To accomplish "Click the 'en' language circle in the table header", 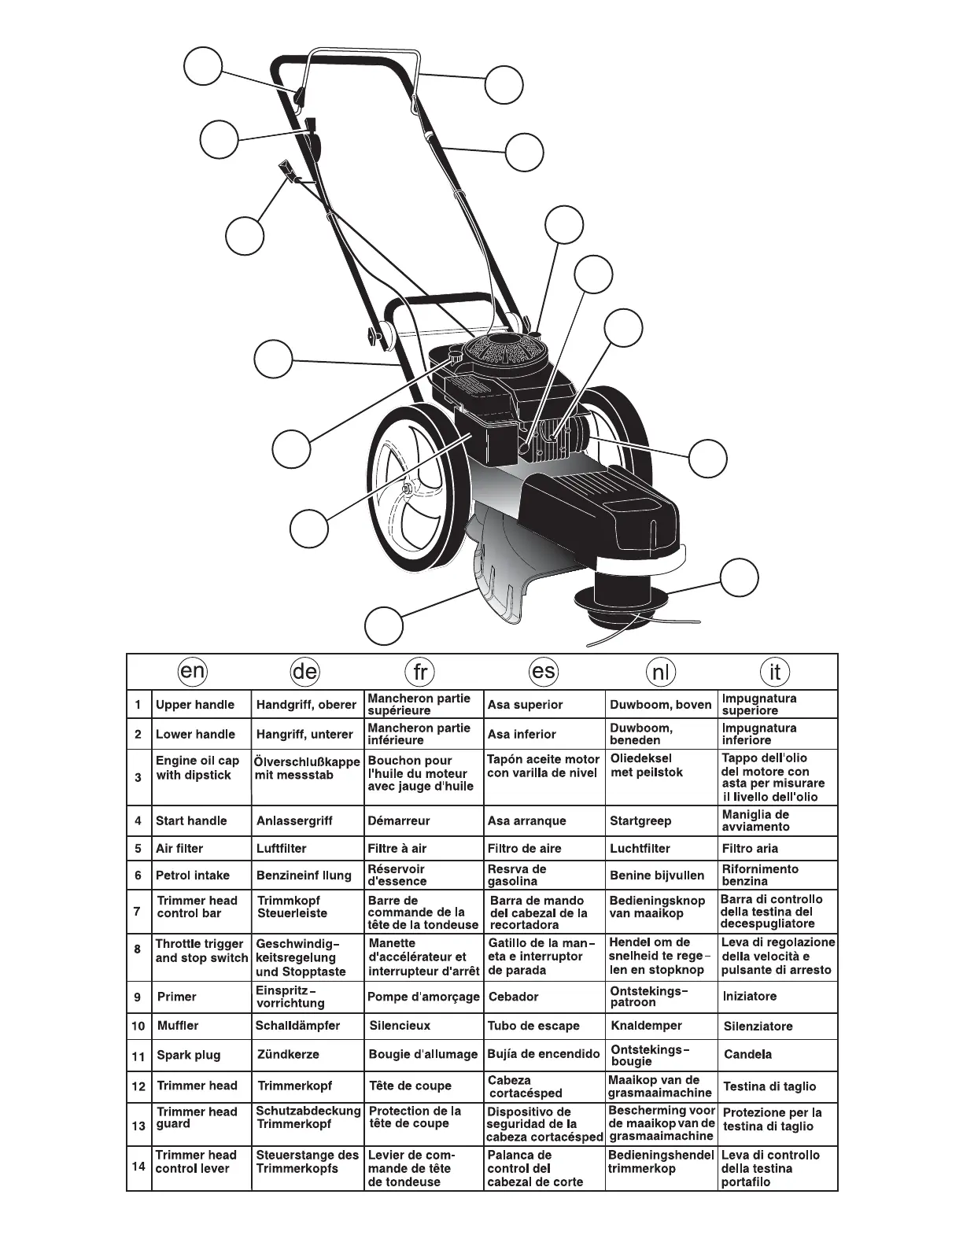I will tap(193, 671).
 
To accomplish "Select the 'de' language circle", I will tap(304, 671).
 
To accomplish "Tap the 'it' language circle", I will tap(775, 671).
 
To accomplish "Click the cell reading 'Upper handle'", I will tap(195, 705).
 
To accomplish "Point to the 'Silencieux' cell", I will tap(400, 1026).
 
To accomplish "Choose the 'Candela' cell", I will tap(747, 1055).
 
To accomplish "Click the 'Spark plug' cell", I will tap(189, 1056).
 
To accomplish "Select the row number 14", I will tap(138, 1167).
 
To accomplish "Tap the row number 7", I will tap(138, 912).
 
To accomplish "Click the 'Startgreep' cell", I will tap(640, 820).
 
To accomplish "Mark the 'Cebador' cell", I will tap(513, 997).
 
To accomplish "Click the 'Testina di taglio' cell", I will tap(769, 1086).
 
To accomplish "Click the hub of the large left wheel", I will tap(408, 489).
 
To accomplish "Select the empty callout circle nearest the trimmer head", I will tap(740, 578).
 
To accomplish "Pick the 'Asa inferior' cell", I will tap(522, 735).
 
